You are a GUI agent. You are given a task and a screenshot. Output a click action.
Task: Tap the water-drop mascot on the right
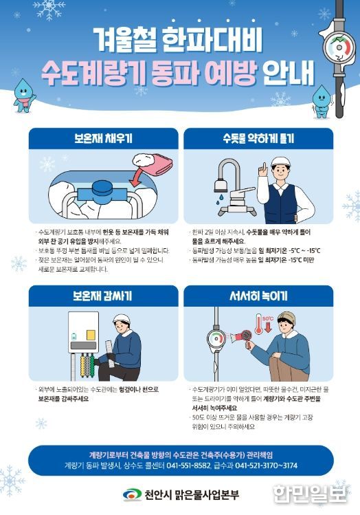[321, 100]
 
